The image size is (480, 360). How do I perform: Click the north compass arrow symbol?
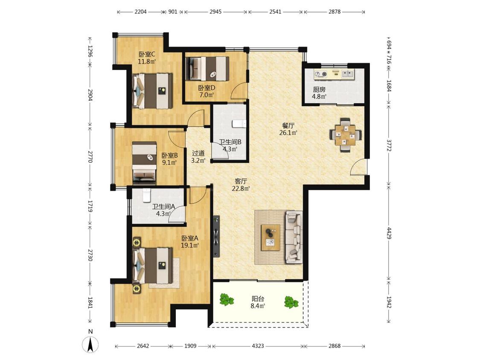coord(90,345)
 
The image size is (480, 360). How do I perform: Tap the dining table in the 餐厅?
coord(346,135)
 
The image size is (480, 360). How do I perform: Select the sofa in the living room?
coord(294,237)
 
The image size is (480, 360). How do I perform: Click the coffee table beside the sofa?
coord(271,238)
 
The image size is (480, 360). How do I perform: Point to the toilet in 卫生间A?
coord(147,195)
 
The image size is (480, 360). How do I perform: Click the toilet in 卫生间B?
coord(239,124)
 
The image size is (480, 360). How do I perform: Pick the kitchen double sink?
coord(348,73)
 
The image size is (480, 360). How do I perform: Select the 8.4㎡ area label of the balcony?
coord(258,305)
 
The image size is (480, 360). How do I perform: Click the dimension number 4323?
coord(258,346)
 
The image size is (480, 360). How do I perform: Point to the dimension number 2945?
coord(215,12)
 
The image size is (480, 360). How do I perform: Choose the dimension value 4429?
coord(389,233)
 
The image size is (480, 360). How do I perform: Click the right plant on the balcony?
coord(291,302)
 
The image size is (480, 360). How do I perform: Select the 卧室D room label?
coord(207,88)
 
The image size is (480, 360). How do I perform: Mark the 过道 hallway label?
coord(198,153)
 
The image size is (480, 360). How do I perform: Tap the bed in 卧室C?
coord(152,90)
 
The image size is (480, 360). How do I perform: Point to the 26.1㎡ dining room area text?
coord(288,133)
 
